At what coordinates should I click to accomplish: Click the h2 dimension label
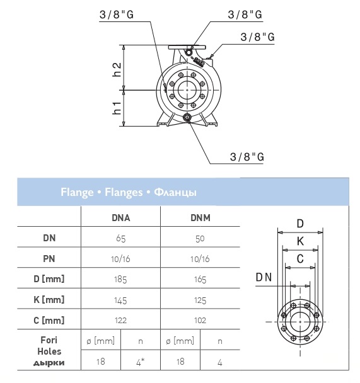[x=117, y=70]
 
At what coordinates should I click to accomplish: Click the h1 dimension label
[x=117, y=108]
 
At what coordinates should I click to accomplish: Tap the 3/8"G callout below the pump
[x=247, y=157]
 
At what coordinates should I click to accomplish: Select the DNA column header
[x=120, y=217]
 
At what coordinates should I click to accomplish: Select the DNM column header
[x=200, y=217]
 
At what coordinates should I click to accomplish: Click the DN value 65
[x=120, y=238]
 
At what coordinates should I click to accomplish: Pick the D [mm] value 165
[x=200, y=280]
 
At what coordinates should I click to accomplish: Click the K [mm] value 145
[x=120, y=300]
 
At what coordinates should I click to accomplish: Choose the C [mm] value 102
[x=200, y=321]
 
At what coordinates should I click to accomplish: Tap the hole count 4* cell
[x=140, y=362]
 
